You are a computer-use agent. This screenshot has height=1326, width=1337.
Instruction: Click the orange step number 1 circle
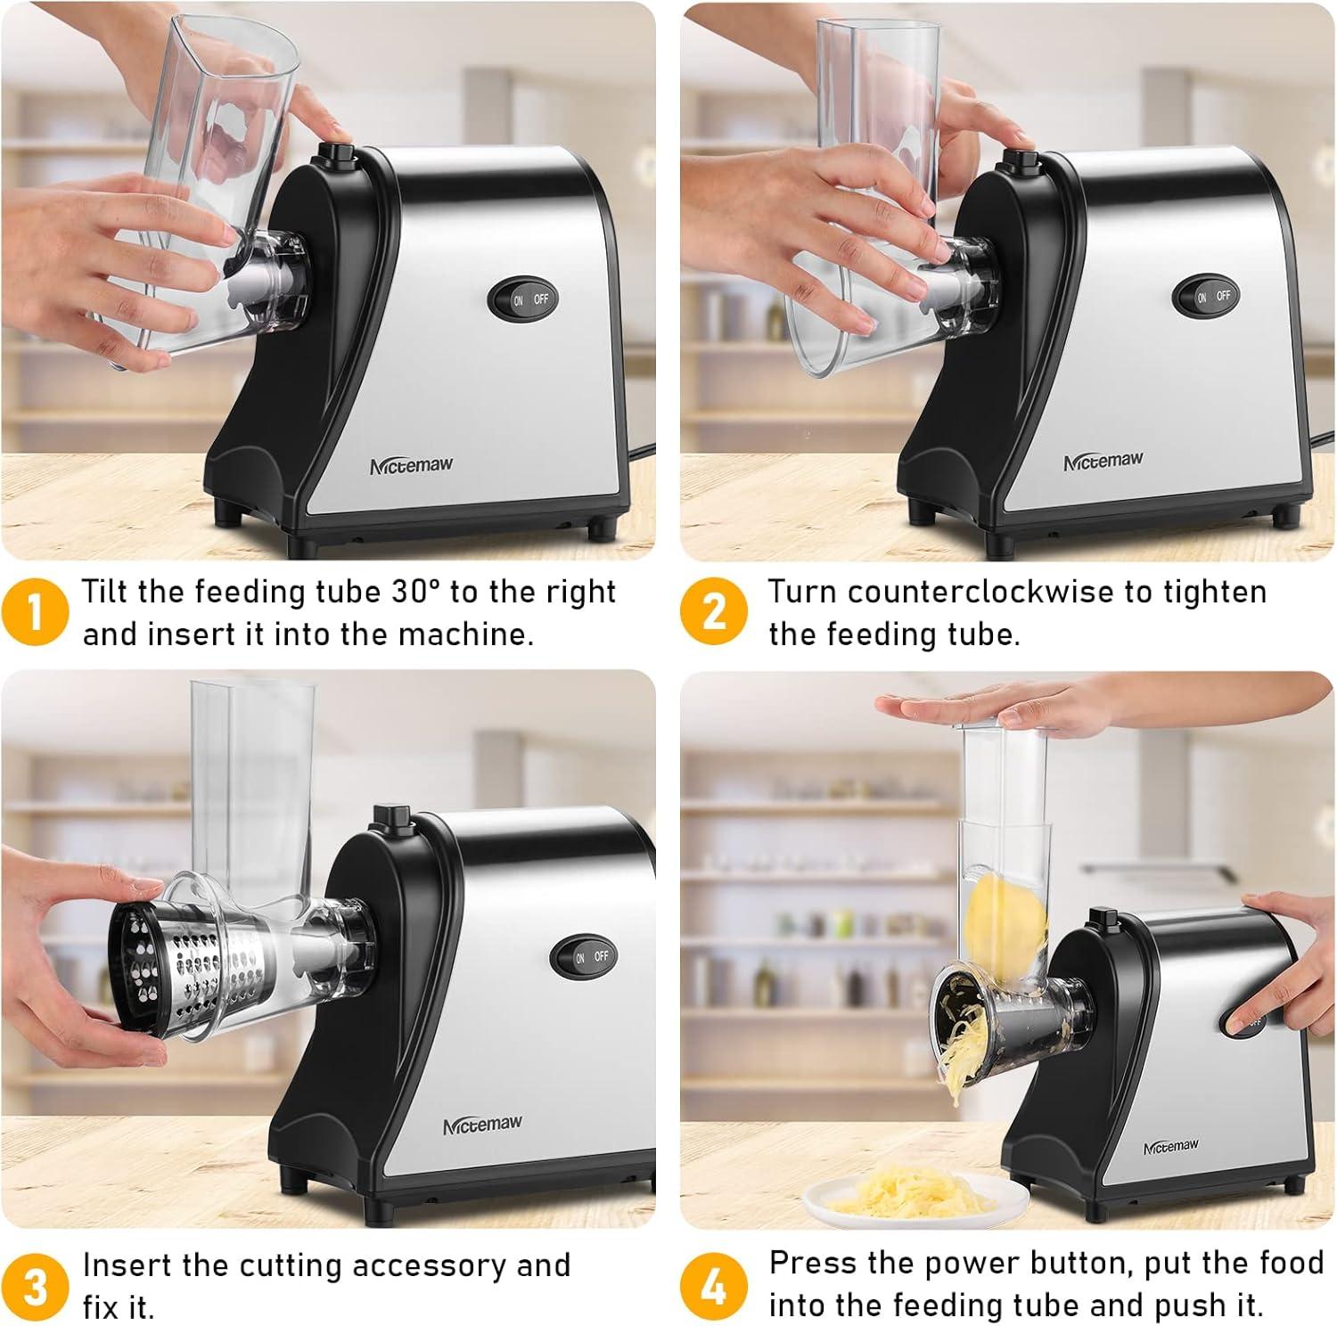34,612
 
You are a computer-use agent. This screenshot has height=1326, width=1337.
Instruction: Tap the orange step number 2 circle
713,612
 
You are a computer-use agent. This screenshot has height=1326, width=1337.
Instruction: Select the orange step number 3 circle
34,1287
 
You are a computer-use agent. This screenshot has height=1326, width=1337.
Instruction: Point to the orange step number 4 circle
713,1287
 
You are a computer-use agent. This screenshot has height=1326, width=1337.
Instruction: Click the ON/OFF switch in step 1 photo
523,299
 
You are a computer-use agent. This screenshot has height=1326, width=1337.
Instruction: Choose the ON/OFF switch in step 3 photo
585,956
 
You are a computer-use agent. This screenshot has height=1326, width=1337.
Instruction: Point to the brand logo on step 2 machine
1103,462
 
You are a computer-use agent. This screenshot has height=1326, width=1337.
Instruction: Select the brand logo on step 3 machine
482,1125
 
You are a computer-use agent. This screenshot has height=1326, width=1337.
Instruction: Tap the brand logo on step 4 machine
1170,1147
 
